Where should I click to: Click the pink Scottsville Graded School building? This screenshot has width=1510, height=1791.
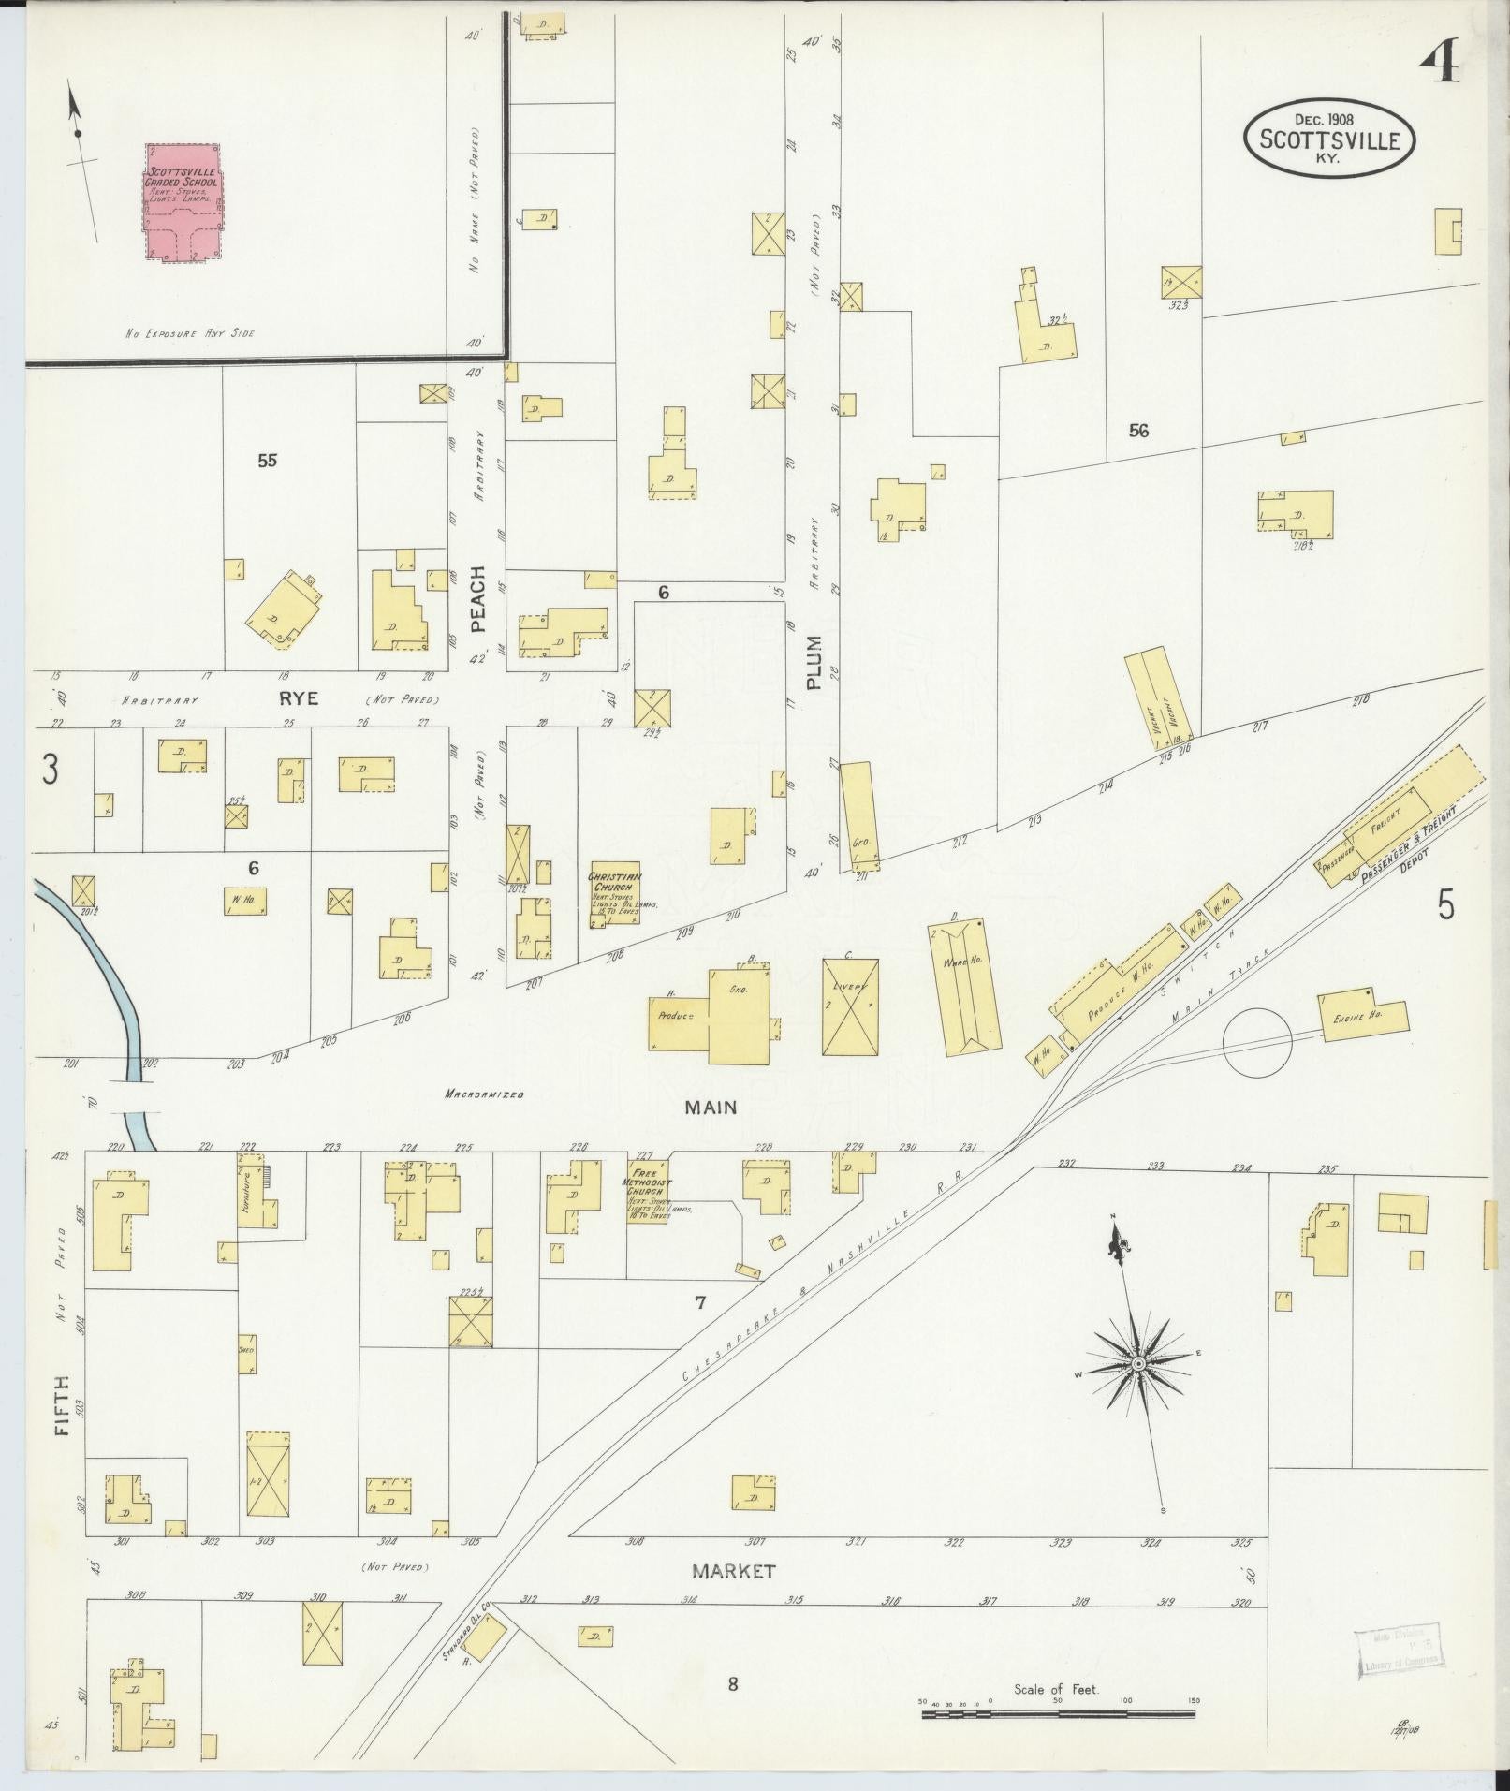click(183, 202)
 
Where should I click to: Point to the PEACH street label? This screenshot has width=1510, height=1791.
click(478, 599)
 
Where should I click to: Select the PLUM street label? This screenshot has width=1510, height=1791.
click(813, 663)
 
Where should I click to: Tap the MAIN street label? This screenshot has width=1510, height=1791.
click(711, 1108)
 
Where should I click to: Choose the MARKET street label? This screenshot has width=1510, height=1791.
click(733, 1571)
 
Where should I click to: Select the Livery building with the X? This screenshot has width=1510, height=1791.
click(850, 1006)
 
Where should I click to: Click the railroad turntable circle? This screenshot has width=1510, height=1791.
click(1258, 1042)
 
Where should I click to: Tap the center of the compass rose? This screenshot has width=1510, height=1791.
click(1137, 1364)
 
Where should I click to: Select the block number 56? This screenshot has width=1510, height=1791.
click(1138, 431)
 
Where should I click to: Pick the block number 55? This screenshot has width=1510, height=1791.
click(268, 460)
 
